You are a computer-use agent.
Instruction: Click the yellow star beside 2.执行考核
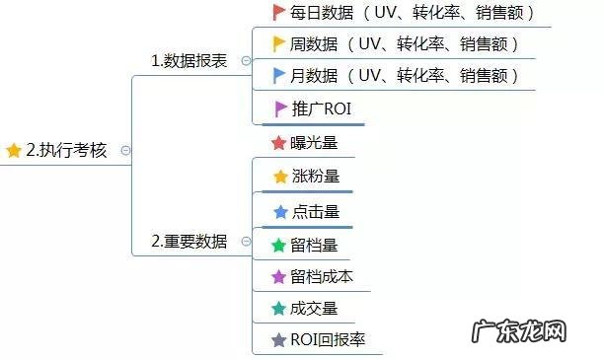click(x=13, y=150)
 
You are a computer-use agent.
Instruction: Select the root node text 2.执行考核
click(x=66, y=150)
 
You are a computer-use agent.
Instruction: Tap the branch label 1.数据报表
click(x=189, y=60)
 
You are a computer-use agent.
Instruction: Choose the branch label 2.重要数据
click(x=189, y=241)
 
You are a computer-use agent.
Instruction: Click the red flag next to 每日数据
click(x=277, y=13)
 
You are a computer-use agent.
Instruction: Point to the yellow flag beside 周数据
click(x=277, y=43)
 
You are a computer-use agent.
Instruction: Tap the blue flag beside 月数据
click(x=277, y=75)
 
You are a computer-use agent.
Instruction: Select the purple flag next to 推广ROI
click(x=277, y=108)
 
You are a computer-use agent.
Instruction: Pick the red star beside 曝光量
click(x=278, y=143)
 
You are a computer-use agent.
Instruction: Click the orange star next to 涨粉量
click(x=279, y=177)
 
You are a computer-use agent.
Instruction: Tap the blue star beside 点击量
click(x=279, y=211)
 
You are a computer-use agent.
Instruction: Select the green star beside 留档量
click(x=278, y=245)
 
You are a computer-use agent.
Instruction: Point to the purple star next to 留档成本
click(x=278, y=276)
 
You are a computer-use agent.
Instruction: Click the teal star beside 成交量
click(x=278, y=309)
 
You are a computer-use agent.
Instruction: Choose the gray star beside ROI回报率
click(x=278, y=340)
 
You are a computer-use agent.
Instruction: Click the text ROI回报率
click(x=328, y=340)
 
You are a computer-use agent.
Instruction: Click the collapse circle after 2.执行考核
click(x=125, y=150)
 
